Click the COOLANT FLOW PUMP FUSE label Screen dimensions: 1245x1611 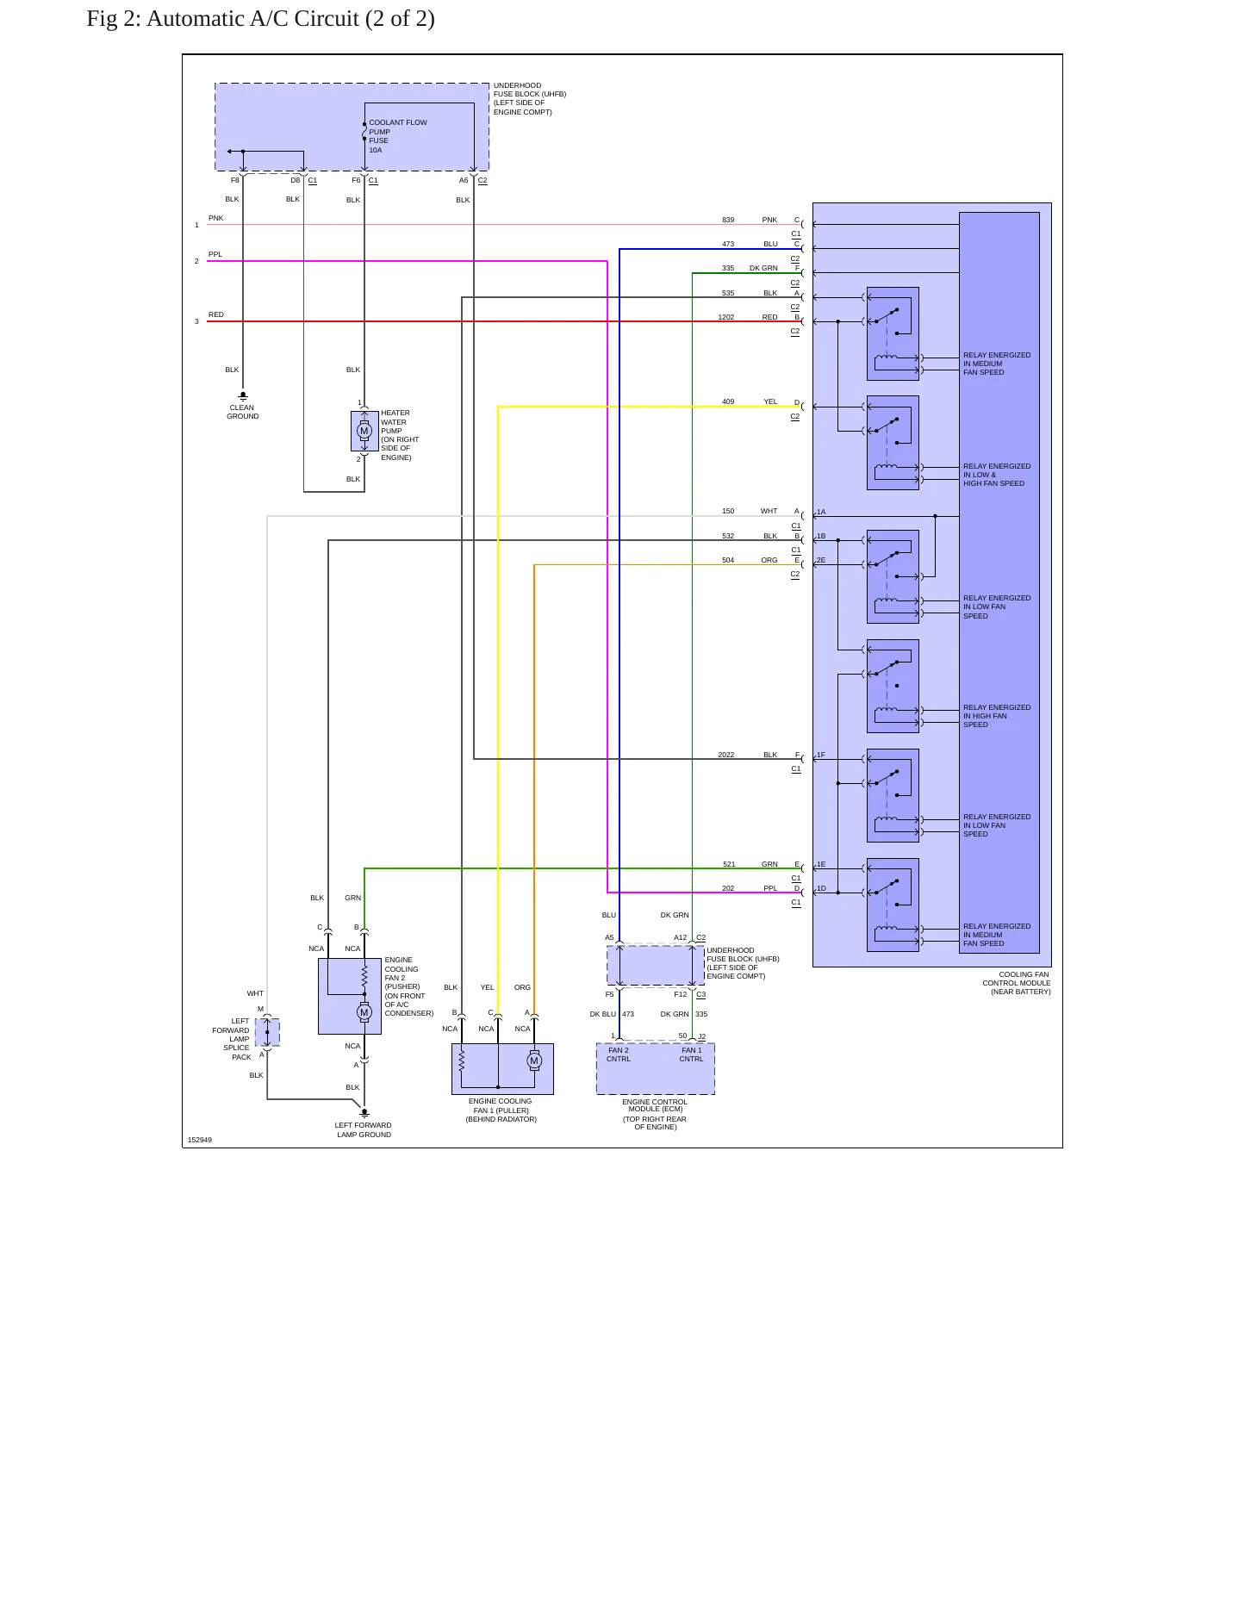(398, 136)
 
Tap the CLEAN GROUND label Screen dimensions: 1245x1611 (242, 412)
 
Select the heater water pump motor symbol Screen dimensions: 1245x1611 (364, 431)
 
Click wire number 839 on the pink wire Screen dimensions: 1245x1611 (728, 220)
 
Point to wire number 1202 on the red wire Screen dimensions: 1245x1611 (726, 317)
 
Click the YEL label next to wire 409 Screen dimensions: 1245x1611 (770, 401)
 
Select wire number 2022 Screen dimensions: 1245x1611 (726, 755)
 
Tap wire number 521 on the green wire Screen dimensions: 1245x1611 (729, 864)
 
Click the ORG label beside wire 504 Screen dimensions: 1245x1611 (769, 560)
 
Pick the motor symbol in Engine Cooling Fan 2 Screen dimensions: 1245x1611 (364, 1013)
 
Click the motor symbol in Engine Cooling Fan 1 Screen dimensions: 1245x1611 (534, 1061)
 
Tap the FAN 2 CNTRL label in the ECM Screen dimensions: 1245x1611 (619, 1054)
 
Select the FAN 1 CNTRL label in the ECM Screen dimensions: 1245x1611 (691, 1054)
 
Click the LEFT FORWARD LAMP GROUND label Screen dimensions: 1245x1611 (364, 1129)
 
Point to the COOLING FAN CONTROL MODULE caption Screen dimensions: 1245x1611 (1017, 983)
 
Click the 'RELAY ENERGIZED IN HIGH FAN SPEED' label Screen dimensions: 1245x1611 (997, 716)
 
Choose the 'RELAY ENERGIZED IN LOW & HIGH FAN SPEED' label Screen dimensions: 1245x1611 (997, 475)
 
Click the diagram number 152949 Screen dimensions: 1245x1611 (200, 1140)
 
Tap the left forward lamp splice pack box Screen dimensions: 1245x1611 (267, 1032)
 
